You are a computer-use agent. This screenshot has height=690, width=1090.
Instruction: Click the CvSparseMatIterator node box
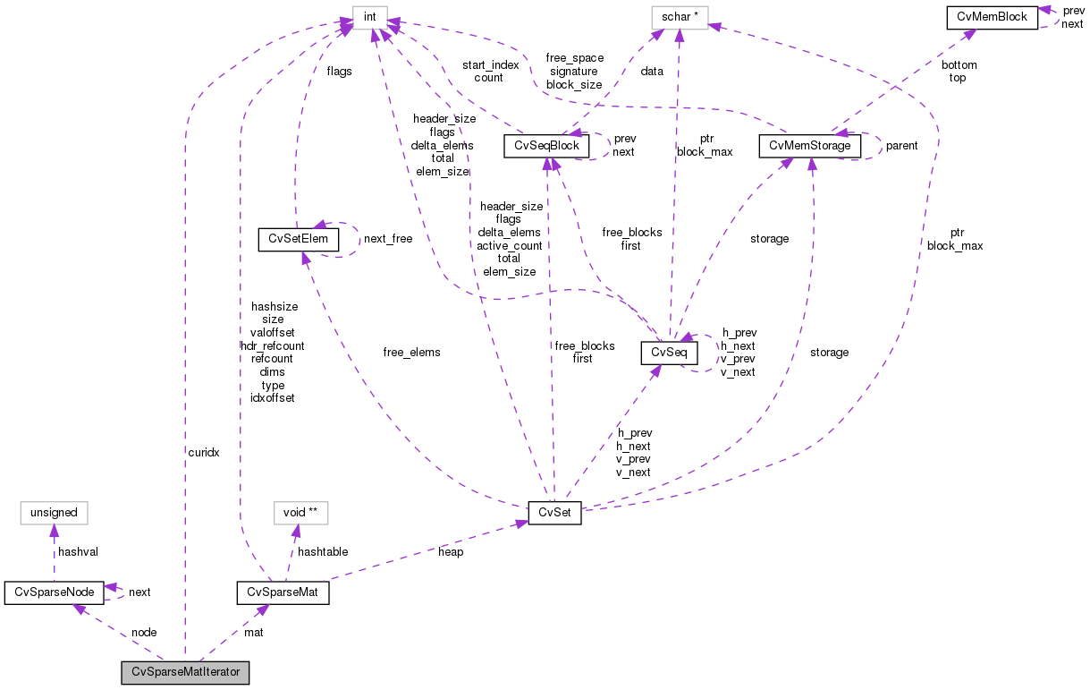(186, 672)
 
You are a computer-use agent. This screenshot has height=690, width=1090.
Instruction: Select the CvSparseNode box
(54, 592)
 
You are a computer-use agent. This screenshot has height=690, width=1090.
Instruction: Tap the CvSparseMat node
(283, 592)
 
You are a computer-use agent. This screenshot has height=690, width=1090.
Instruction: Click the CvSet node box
(554, 514)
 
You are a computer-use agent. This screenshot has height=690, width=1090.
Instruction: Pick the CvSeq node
(668, 353)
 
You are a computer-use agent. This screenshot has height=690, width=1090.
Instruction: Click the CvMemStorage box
(810, 145)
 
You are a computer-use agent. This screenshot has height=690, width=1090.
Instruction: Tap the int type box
(369, 17)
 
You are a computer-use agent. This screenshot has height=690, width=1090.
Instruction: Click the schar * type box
(679, 17)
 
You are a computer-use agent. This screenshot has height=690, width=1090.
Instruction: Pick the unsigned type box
(54, 514)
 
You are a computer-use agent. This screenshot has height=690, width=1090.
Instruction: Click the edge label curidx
(203, 453)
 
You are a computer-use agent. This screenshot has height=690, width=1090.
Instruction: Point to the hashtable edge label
(323, 552)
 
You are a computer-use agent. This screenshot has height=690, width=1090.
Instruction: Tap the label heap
(451, 552)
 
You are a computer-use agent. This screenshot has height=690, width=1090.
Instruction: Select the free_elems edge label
(411, 352)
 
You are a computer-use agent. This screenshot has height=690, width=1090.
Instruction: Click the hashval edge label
(78, 552)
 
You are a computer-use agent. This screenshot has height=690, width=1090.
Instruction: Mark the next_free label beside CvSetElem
(388, 239)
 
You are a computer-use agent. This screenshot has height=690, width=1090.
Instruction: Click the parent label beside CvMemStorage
(901, 145)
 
